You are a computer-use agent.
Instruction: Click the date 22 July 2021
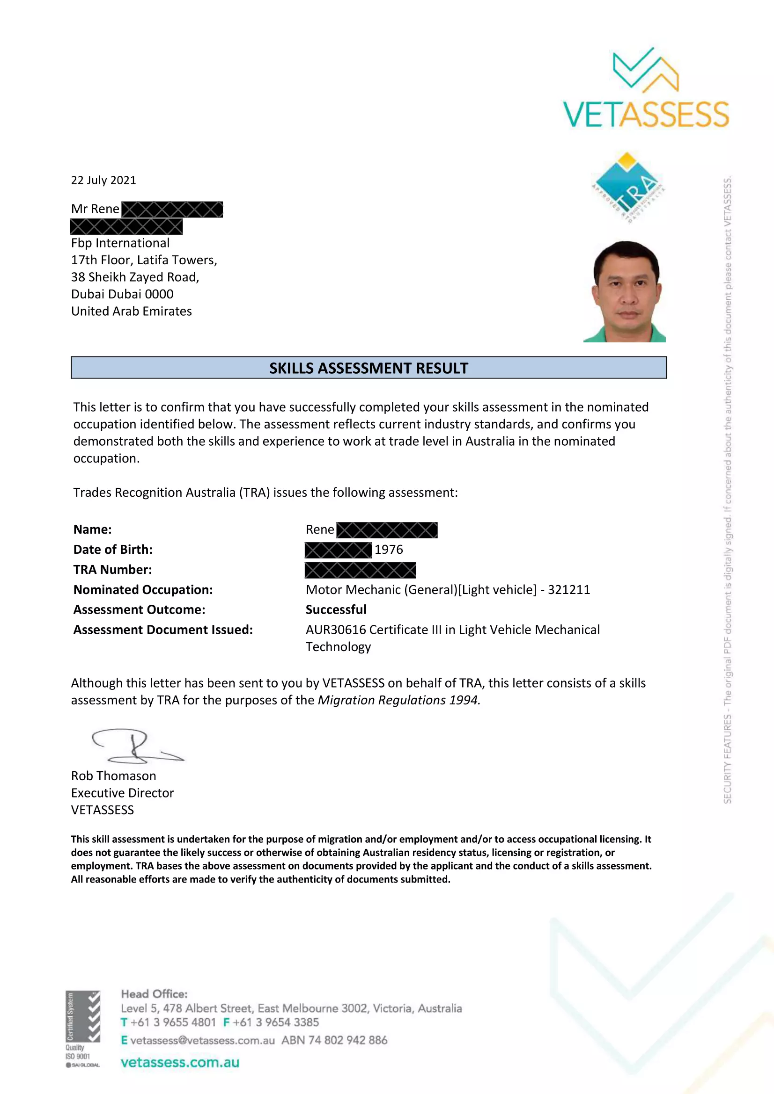103,180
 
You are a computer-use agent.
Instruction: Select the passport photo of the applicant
624,291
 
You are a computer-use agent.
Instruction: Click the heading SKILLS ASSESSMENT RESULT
369,368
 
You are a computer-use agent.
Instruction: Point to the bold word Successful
336,609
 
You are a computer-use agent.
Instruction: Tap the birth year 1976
388,550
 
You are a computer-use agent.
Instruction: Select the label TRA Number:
112,569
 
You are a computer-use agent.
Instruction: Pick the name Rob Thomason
113,775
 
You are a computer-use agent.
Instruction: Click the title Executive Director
123,793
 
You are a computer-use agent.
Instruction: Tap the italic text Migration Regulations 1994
398,700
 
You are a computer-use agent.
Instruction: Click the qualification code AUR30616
336,630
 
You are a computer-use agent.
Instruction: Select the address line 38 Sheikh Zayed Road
135,277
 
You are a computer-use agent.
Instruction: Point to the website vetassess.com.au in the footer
180,1062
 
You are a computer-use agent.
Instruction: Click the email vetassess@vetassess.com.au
202,1040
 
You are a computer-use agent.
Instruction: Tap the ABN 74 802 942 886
334,1040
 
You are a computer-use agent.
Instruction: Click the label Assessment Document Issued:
163,630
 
